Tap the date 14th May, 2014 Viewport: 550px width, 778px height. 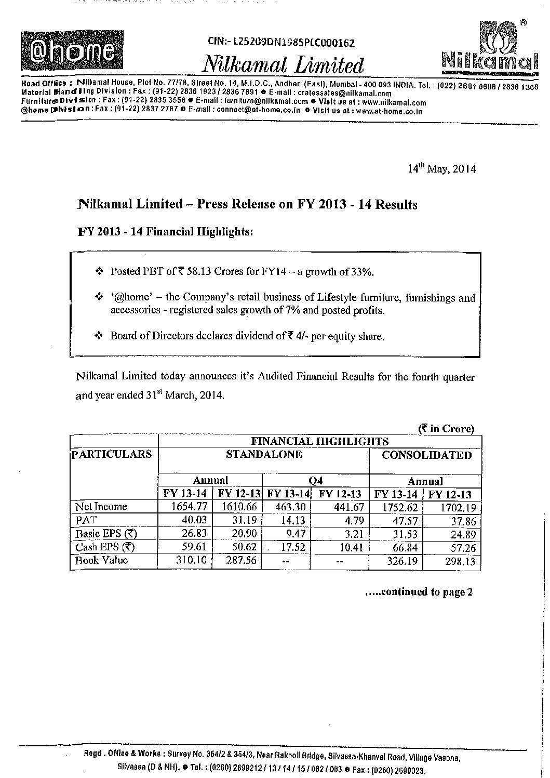coord(441,169)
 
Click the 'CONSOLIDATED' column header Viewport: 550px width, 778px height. coord(427,455)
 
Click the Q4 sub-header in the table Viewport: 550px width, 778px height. coord(316,481)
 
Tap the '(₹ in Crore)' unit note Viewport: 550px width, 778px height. coord(446,429)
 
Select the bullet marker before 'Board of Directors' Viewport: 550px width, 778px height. coord(99,336)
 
